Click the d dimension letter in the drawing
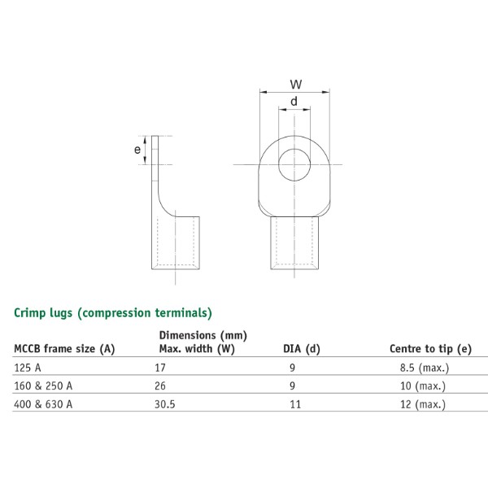(294, 102)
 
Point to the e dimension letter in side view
(137, 149)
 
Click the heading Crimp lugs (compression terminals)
(113, 312)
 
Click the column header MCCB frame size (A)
(64, 349)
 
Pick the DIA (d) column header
(301, 349)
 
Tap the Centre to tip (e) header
(430, 349)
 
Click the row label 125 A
(28, 368)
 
